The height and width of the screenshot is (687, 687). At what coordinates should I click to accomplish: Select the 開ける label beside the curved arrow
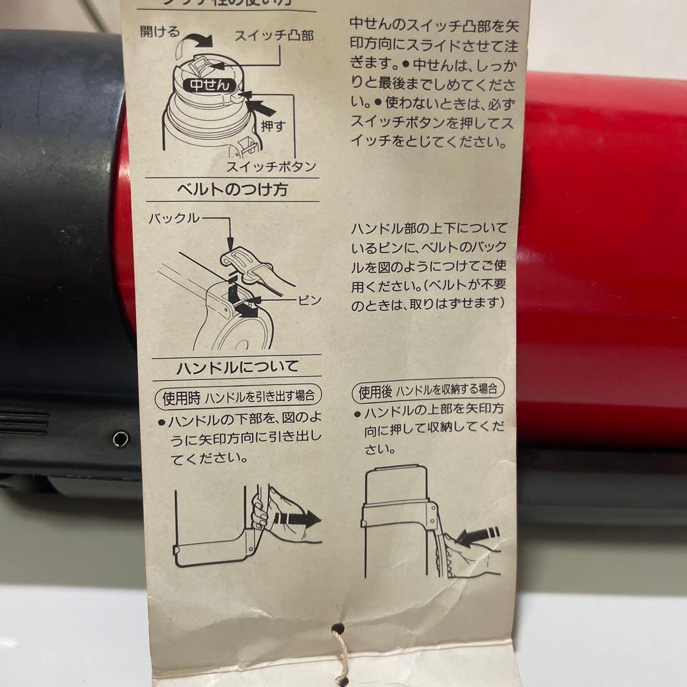tap(160, 32)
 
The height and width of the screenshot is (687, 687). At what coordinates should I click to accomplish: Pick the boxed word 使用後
tap(376, 389)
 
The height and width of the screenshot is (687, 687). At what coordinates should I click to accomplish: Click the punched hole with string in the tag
tap(338, 628)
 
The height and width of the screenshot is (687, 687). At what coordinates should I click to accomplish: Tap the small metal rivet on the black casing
tap(120, 438)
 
